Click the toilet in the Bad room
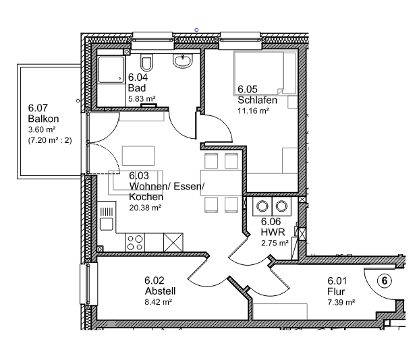pyautogui.click(x=146, y=63)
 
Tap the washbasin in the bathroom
pyautogui.click(x=183, y=61)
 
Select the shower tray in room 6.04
pyautogui.click(x=111, y=69)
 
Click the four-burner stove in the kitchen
pyautogui.click(x=135, y=242)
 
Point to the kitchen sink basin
pyautogui.click(x=107, y=224)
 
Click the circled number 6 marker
pyautogui.click(x=385, y=280)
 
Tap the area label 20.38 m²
pyautogui.click(x=145, y=208)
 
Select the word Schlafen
pyautogui.click(x=257, y=100)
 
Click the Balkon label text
pyautogui.click(x=43, y=119)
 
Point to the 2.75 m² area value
pyautogui.click(x=275, y=243)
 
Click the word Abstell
pyautogui.click(x=160, y=291)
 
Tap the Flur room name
pyautogui.click(x=336, y=291)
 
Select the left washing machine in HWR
pyautogui.click(x=262, y=206)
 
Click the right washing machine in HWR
pyautogui.click(x=281, y=206)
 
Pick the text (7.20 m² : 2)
pyautogui.click(x=50, y=140)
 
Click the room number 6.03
pyautogui.click(x=139, y=175)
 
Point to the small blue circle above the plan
pyautogui.click(x=196, y=30)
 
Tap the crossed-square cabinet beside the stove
pyautogui.click(x=173, y=242)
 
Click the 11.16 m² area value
pyautogui.click(x=253, y=111)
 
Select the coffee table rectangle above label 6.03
pyautogui.click(x=138, y=156)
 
